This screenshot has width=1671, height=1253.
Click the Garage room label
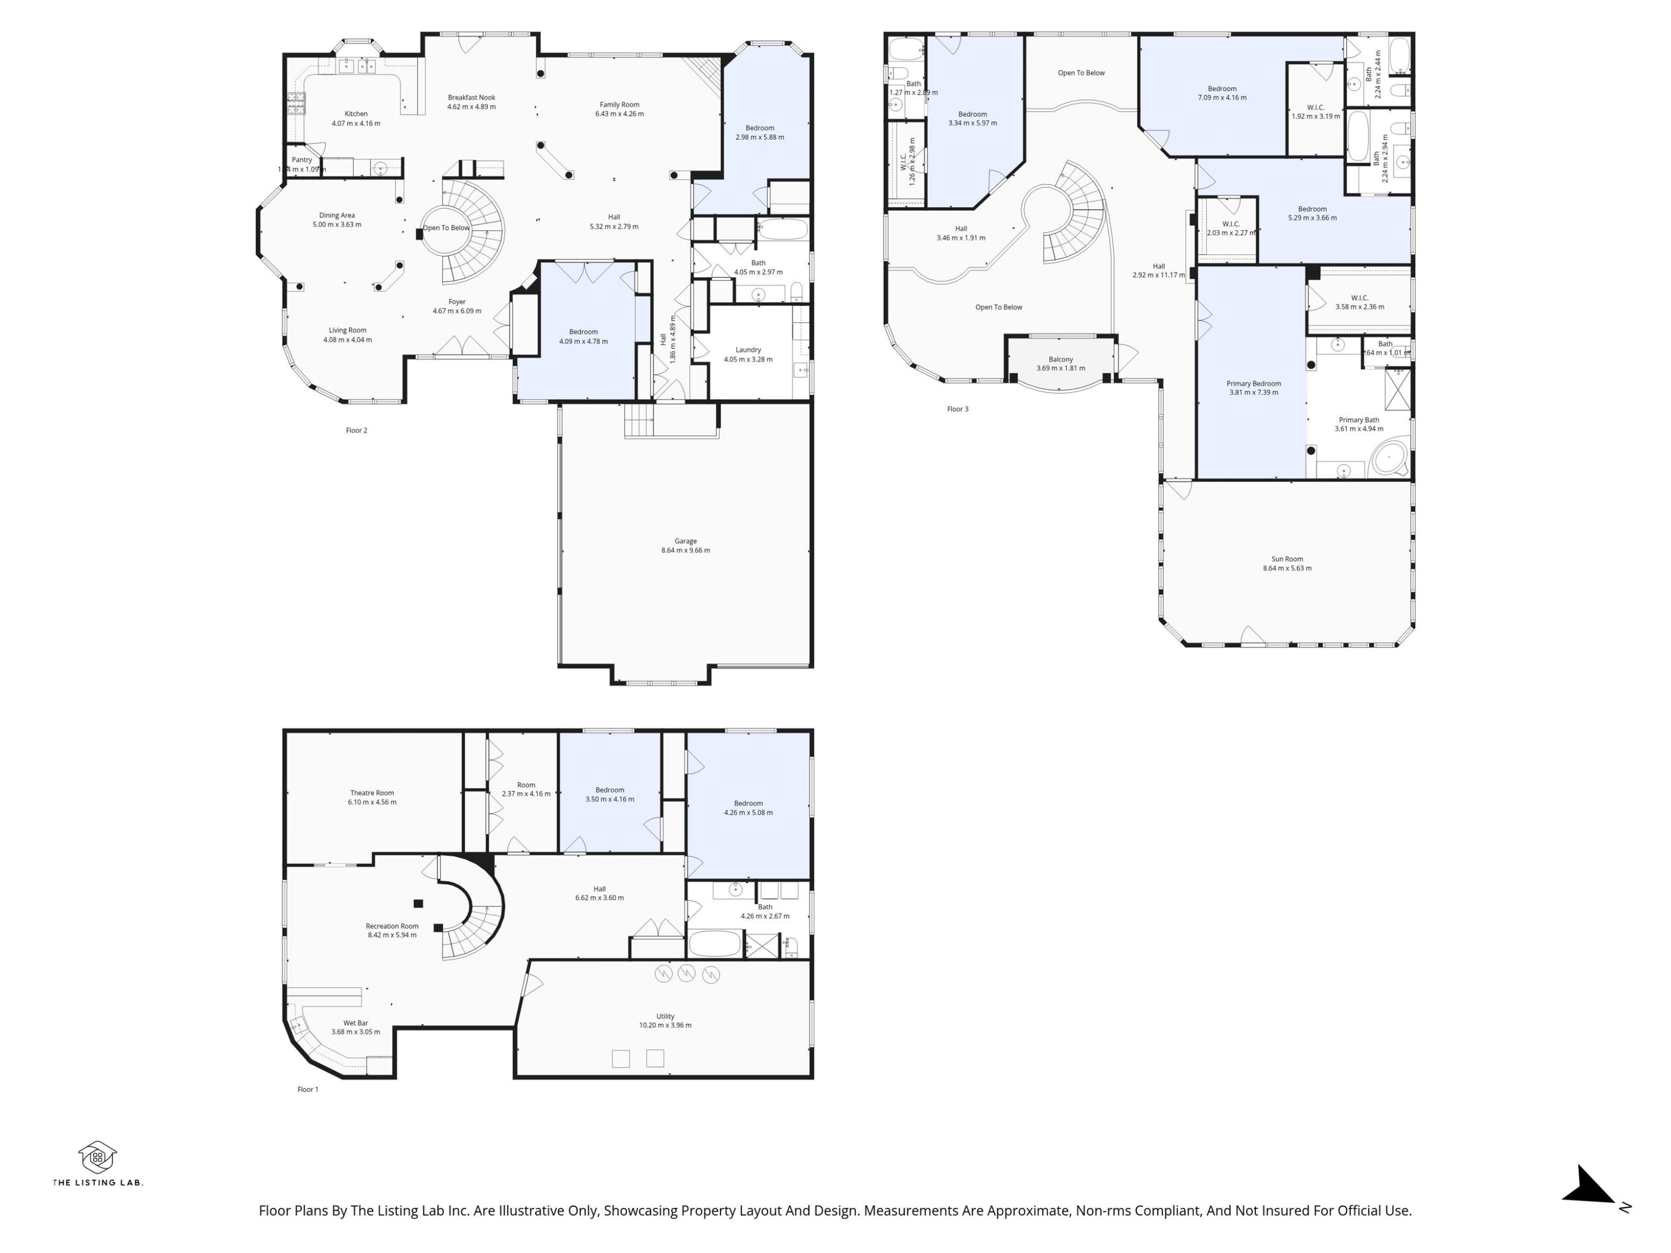(x=685, y=541)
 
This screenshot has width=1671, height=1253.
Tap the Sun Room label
(x=1287, y=559)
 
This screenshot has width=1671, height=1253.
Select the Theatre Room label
(x=372, y=793)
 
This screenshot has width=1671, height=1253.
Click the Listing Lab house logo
(x=97, y=1156)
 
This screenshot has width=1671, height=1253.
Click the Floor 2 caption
(x=356, y=430)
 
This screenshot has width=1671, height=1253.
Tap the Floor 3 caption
(x=957, y=409)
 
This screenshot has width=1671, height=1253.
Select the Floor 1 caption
(x=307, y=1089)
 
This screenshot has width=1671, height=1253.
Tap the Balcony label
(x=1060, y=360)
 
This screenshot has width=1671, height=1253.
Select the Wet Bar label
(x=355, y=1022)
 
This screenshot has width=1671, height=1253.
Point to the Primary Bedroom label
(x=1253, y=384)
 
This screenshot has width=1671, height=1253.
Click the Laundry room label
(x=748, y=350)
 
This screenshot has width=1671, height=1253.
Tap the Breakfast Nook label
(x=471, y=97)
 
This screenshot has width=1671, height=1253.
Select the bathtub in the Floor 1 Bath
(x=715, y=944)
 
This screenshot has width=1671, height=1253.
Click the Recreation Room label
(x=392, y=926)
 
